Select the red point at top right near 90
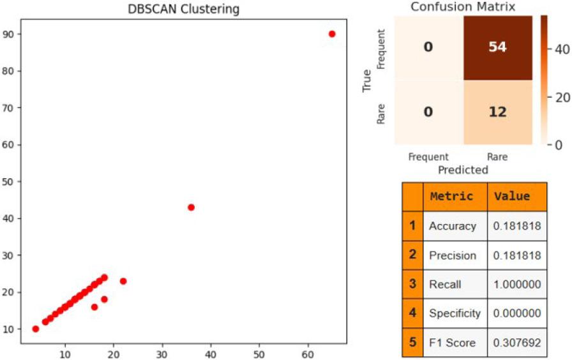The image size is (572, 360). pos(332,34)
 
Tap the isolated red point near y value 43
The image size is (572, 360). pos(191,207)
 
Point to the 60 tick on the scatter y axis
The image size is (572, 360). pos(12,144)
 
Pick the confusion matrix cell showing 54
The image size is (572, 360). pos(497,47)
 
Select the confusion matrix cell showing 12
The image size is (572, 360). pos(497,112)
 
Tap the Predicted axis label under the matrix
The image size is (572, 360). pos(463,170)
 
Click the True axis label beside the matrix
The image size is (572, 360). pos(367,80)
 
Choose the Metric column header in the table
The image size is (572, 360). pos(451,197)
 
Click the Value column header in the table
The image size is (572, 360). pos(512,197)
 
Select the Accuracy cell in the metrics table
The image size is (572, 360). pos(453,226)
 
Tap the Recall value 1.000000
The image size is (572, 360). pos(516,284)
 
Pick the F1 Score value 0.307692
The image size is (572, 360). pos(516,343)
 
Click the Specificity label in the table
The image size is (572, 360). pos(455,313)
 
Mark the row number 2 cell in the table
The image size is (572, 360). pos(412,255)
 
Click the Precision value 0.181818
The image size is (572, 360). pos(516,255)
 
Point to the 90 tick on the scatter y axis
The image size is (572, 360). pos(12,34)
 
